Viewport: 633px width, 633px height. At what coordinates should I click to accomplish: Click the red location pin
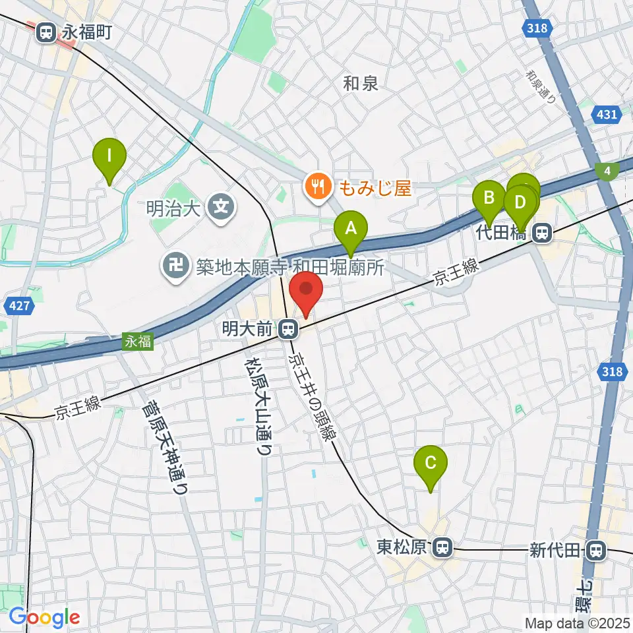tap(306, 293)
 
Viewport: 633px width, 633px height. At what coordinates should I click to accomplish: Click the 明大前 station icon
tap(287, 328)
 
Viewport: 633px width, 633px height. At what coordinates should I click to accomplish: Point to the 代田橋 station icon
tap(542, 231)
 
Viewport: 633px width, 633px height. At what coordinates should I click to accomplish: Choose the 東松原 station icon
tap(442, 547)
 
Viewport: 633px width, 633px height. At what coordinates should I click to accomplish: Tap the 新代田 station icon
tap(596, 549)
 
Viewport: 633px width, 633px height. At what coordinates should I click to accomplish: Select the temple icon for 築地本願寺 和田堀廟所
tap(175, 266)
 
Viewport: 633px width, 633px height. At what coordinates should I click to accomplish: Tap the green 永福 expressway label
tap(138, 342)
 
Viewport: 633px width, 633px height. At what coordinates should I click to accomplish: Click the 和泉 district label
tap(361, 83)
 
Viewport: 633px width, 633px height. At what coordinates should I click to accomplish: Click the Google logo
tap(44, 617)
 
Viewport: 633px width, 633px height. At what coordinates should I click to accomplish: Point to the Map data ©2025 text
tap(578, 622)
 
